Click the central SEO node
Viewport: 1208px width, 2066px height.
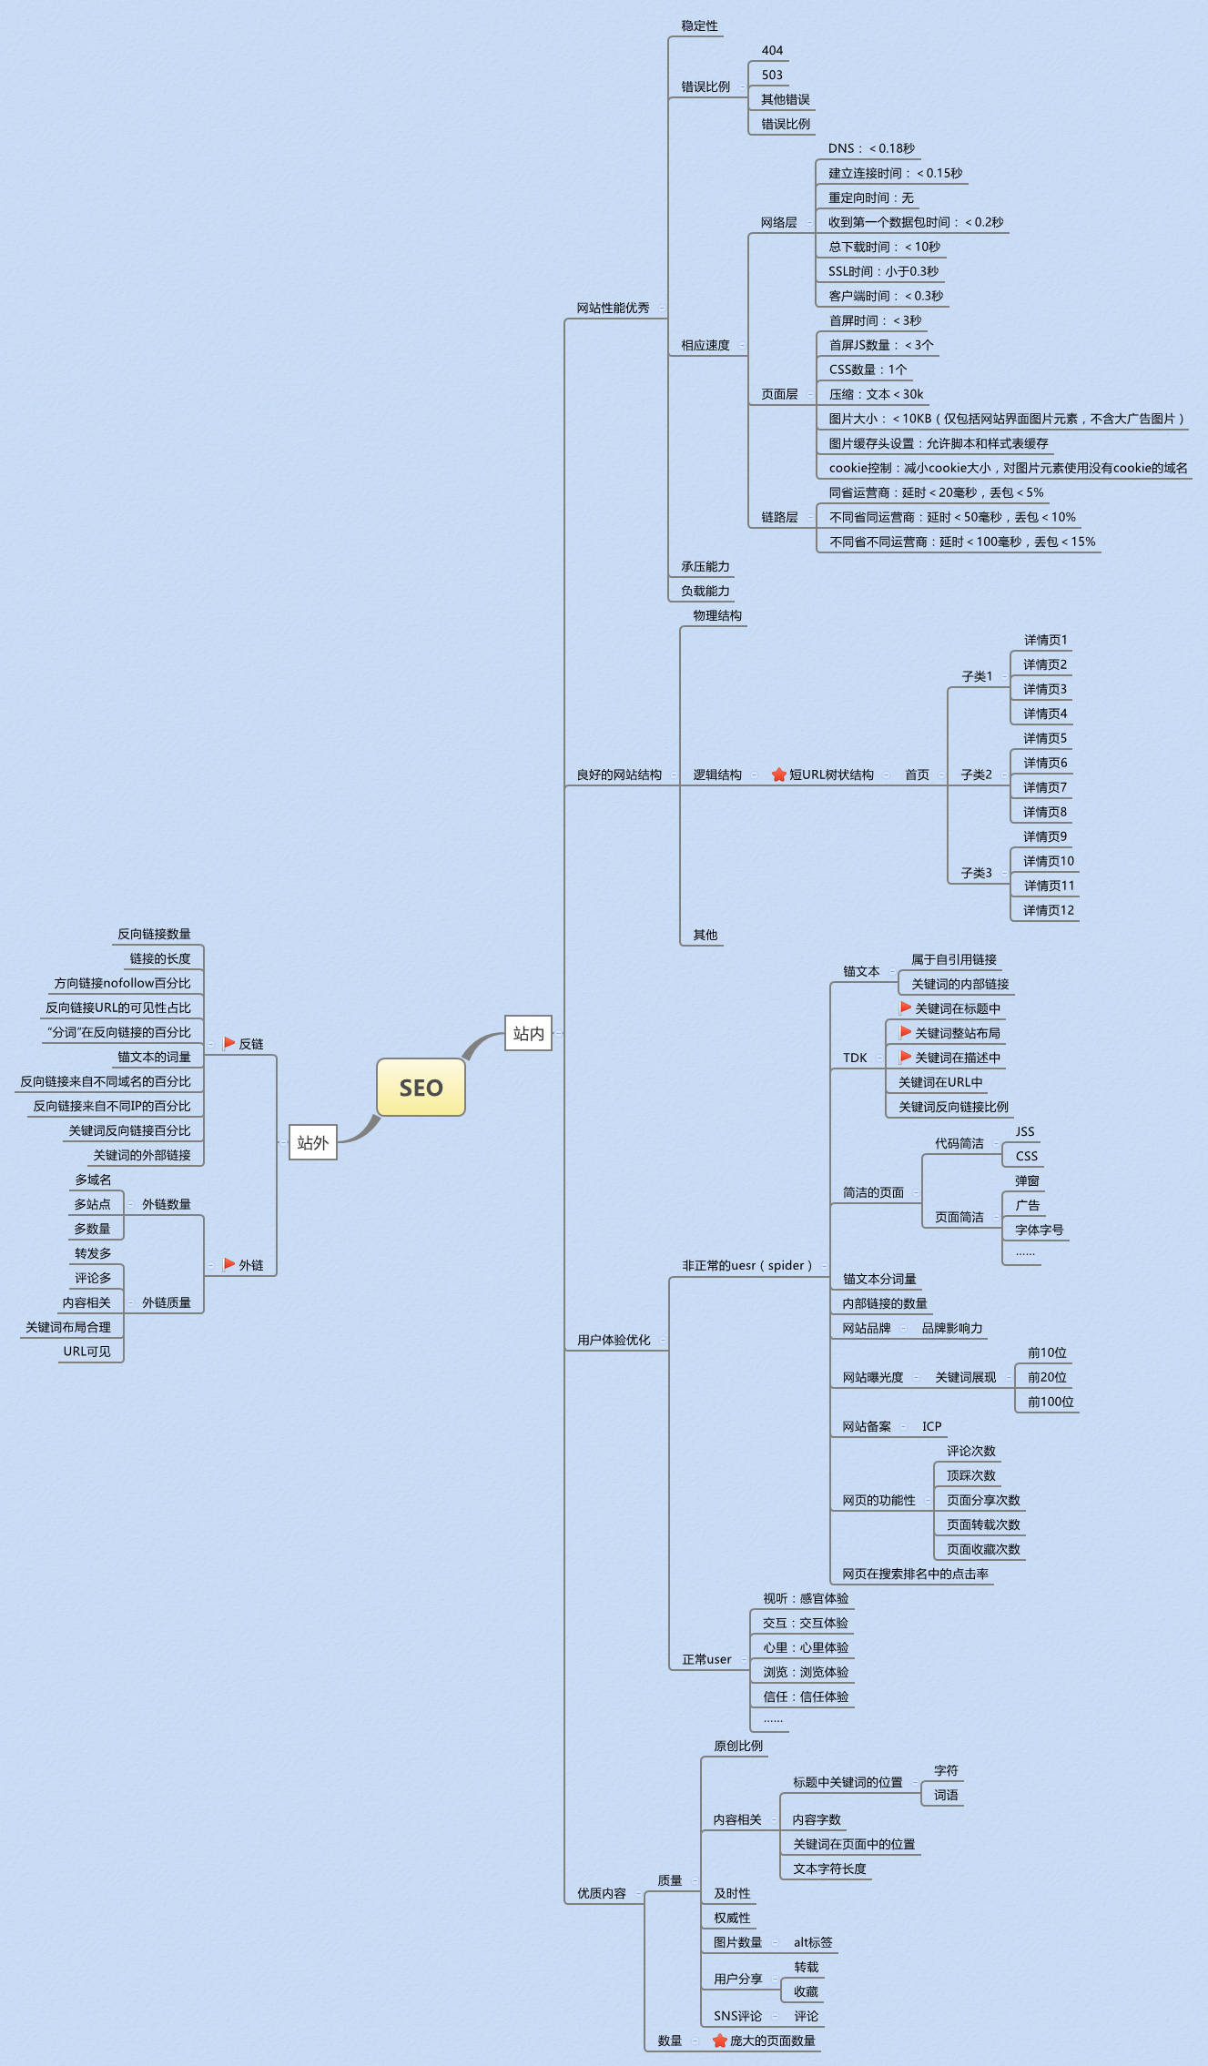421,1088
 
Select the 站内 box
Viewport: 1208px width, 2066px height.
528,1033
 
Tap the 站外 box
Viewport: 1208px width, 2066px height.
312,1142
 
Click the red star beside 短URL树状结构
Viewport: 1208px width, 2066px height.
778,775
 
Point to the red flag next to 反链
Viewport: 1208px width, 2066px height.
229,1043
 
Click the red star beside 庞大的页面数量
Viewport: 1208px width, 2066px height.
719,2041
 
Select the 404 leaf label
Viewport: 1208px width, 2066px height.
772,50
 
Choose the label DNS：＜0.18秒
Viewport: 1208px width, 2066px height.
871,148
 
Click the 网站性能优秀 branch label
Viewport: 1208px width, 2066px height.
613,308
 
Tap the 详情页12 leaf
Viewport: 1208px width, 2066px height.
1048,910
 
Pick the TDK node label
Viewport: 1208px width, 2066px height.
855,1058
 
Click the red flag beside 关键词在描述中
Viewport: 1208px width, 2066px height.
905,1057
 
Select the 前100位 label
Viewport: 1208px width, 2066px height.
1051,1402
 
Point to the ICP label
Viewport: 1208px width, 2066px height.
931,1426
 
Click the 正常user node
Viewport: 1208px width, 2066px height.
706,1659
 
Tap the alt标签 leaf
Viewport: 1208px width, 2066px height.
813,1942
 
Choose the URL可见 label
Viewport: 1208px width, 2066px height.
86,1352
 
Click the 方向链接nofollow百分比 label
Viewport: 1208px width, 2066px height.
122,983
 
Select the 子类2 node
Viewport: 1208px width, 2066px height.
976,775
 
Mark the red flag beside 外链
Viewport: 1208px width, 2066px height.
229,1264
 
